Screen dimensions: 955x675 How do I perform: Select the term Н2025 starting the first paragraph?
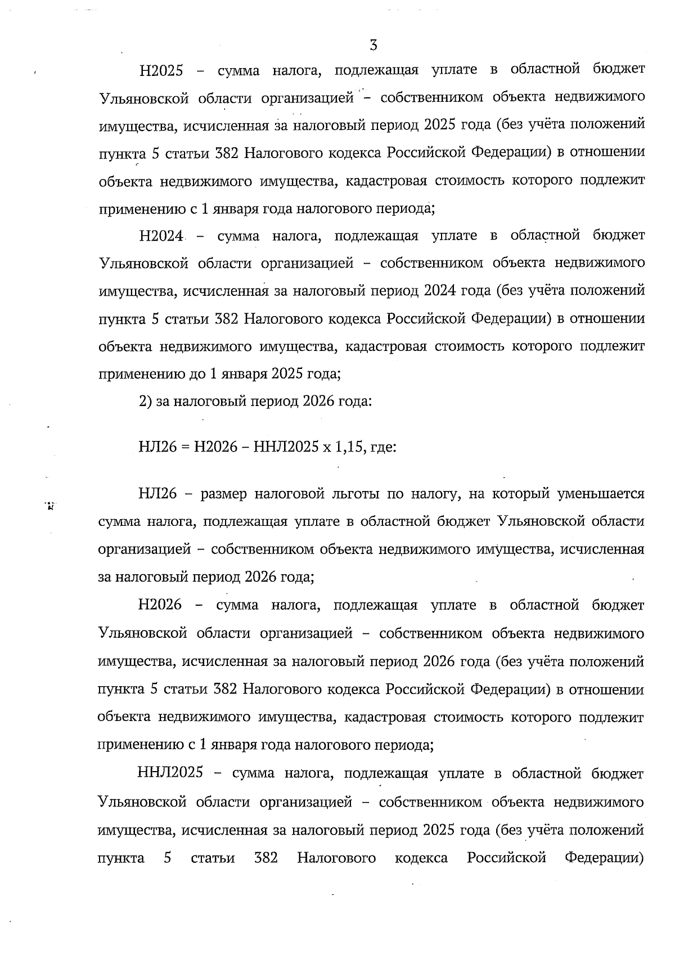coord(161,71)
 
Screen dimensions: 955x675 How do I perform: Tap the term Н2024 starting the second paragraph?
coord(161,236)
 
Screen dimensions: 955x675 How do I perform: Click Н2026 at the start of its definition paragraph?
coord(160,605)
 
